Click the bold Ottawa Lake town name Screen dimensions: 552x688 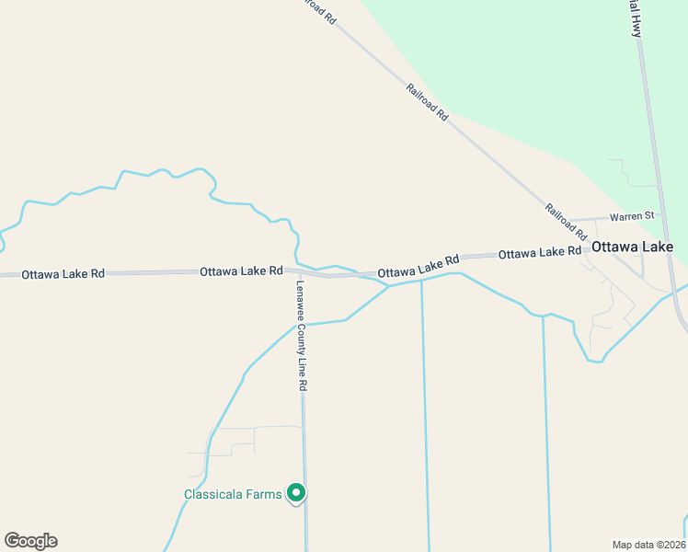(633, 247)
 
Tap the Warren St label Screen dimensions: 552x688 (632, 216)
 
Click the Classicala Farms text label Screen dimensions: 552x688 (233, 494)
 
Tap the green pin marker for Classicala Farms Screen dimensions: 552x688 (296, 494)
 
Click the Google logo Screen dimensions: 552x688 (30, 541)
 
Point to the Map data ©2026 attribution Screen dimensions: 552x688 (648, 545)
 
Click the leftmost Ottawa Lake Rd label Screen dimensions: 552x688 (63, 274)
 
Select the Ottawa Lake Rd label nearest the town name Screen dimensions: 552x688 (540, 251)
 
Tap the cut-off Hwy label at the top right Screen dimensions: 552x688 (635, 17)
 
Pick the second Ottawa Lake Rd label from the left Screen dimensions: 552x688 (241, 271)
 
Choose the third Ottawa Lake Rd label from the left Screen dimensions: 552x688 (418, 267)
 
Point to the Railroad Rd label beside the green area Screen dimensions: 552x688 (427, 102)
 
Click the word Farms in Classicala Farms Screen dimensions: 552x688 (263, 494)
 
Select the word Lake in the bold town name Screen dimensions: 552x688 (657, 247)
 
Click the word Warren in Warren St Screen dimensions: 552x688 (625, 216)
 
